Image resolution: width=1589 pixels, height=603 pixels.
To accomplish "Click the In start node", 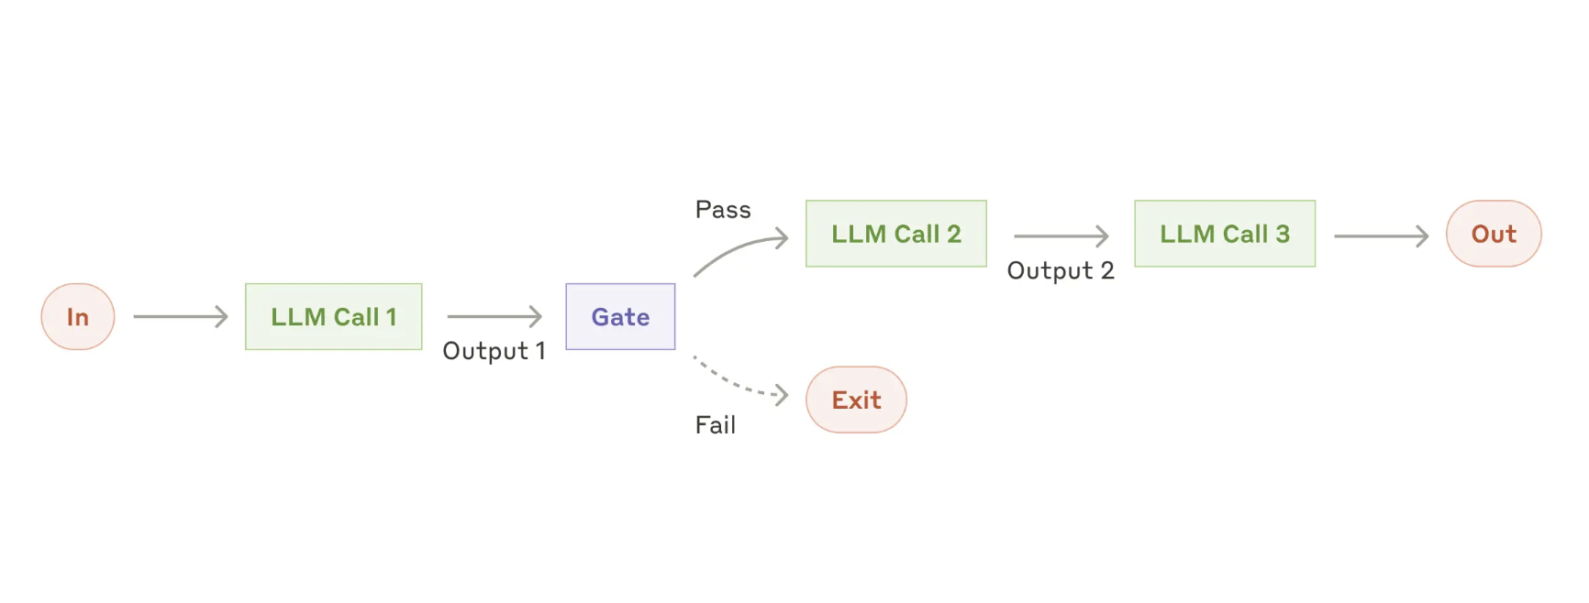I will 78,317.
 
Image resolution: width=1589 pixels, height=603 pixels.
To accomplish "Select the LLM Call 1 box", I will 334,317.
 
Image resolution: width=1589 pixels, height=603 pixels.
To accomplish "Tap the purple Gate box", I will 620,317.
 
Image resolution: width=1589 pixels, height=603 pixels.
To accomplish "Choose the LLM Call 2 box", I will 896,235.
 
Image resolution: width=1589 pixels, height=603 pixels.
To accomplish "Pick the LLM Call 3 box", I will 1225,235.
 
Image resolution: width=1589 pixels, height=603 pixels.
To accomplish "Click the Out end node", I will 1494,235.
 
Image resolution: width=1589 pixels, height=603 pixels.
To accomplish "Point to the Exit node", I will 856,400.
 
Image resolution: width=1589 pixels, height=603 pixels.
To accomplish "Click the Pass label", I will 723,210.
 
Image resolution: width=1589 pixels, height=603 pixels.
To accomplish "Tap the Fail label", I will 716,425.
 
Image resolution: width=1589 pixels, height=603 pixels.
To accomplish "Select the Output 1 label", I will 494,351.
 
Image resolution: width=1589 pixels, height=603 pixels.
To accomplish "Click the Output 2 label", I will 1061,271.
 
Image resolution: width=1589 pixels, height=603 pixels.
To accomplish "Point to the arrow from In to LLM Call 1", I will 181,317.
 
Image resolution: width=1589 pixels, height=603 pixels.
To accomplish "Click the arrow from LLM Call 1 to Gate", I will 494,317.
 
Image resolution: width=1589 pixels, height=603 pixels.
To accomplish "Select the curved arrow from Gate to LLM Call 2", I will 739,249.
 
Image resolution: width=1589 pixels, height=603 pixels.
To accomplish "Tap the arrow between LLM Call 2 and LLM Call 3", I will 1061,236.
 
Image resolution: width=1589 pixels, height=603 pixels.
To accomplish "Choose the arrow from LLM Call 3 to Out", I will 1381,236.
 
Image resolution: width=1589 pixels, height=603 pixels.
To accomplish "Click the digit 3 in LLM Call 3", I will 1283,235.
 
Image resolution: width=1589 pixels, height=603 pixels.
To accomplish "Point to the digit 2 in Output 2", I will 1107,271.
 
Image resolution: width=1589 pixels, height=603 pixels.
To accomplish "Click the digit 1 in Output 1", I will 540,351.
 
